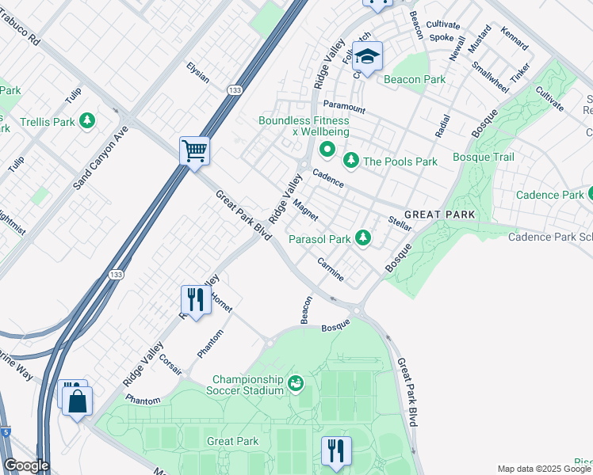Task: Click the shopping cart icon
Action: (194, 150)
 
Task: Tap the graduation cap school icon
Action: (367, 57)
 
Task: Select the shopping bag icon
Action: (78, 401)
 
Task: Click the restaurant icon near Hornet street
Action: (194, 300)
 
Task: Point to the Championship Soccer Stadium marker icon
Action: (296, 383)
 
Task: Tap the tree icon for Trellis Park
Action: (87, 121)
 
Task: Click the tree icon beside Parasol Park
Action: (363, 237)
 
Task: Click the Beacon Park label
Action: (414, 79)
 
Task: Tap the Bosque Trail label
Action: (484, 158)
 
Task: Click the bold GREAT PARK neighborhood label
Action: (439, 215)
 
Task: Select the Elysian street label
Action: (197, 72)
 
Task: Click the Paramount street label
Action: (344, 108)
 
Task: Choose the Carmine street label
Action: (331, 269)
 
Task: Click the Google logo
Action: (25, 465)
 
